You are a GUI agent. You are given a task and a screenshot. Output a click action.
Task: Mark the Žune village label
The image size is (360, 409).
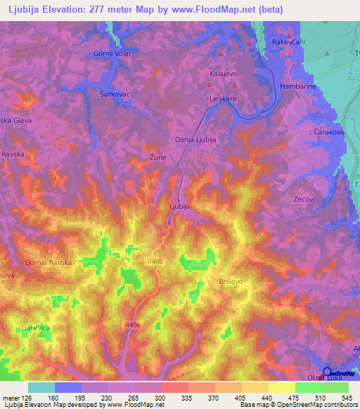coord(158,157)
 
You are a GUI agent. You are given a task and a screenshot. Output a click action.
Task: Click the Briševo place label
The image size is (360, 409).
coord(229,281)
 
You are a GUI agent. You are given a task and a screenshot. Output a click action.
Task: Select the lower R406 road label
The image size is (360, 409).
coord(132,325)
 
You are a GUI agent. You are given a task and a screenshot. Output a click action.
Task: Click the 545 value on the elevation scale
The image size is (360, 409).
coord(347,398)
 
